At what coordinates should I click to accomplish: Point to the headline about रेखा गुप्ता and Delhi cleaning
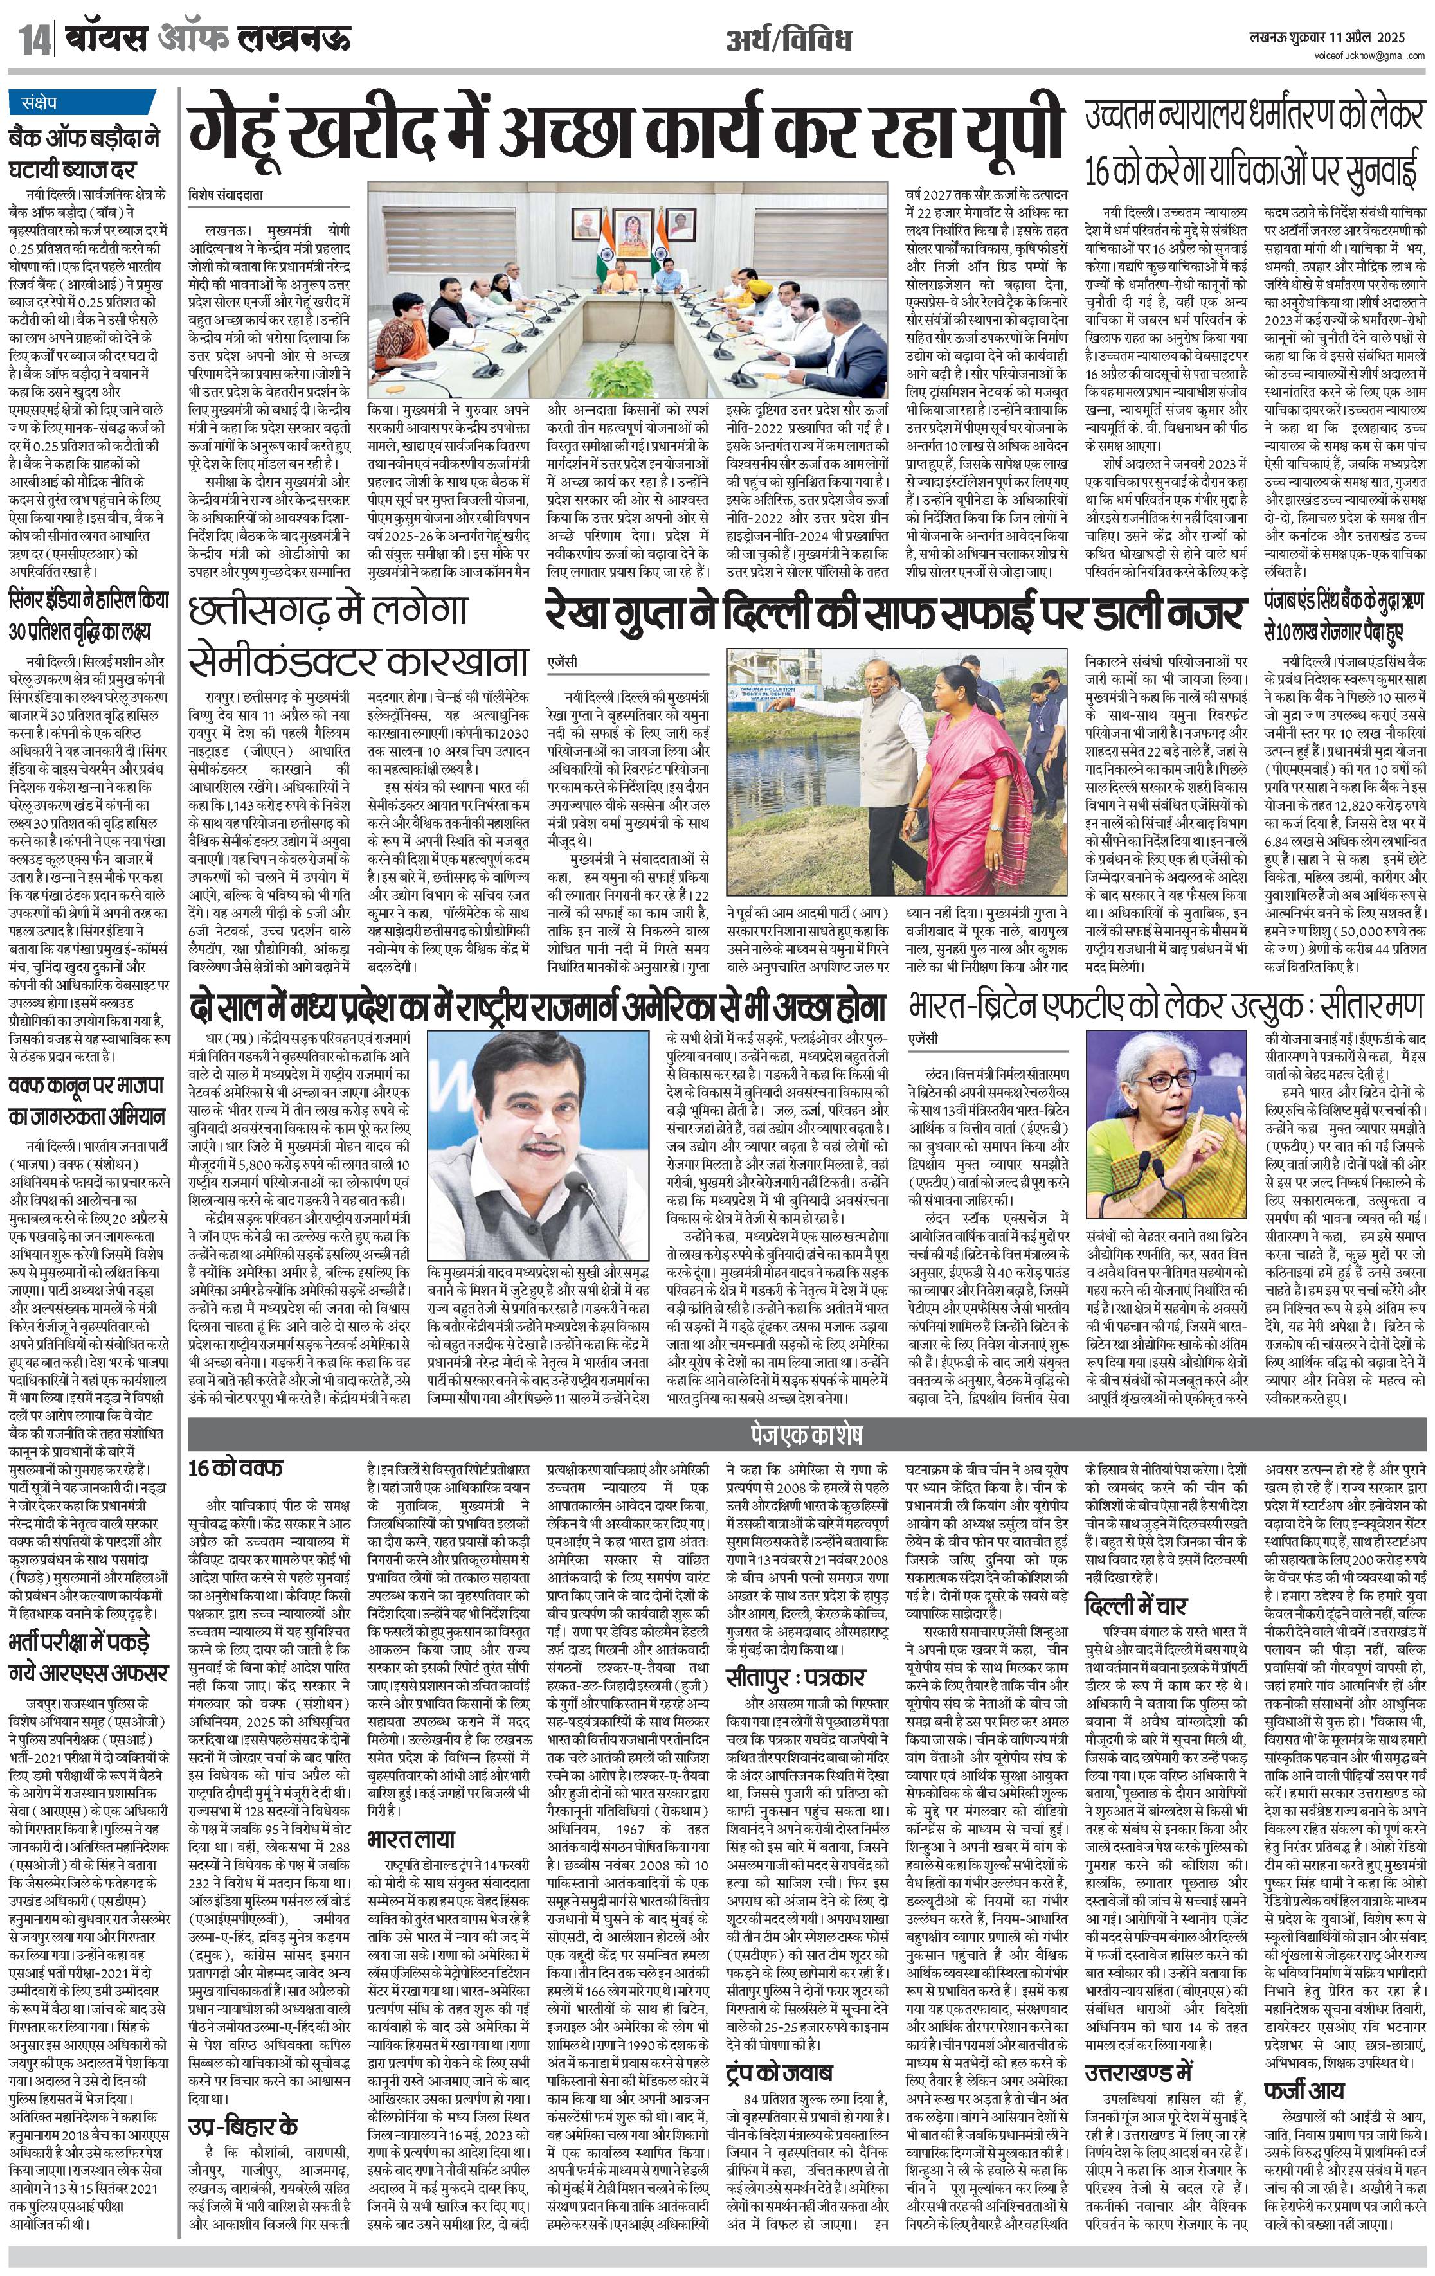pos(893,614)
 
